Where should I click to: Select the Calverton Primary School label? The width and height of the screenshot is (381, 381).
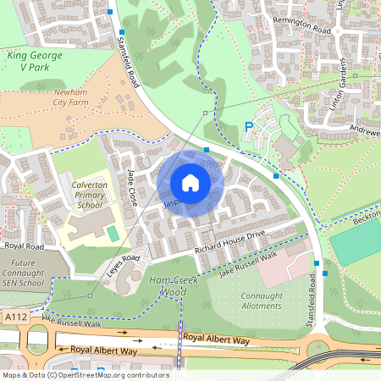pyautogui.click(x=88, y=194)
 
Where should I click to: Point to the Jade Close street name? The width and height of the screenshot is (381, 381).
pyautogui.click(x=132, y=187)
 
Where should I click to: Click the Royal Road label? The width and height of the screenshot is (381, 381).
pyautogui.click(x=24, y=246)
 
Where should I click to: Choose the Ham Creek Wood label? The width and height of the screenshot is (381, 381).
pyautogui.click(x=162, y=285)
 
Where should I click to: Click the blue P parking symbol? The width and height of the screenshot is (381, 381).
pyautogui.click(x=249, y=126)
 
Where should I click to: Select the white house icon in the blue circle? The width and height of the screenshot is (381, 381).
pyautogui.click(x=190, y=182)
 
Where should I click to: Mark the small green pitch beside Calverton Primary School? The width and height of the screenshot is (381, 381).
pyautogui.click(x=113, y=232)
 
